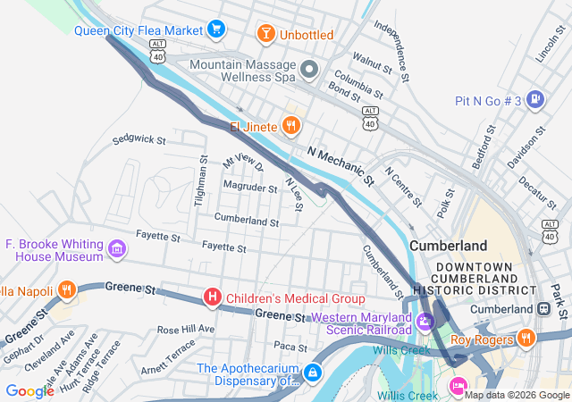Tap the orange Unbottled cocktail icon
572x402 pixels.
(x=265, y=35)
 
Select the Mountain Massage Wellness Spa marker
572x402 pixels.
(x=309, y=69)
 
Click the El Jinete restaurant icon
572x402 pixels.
(x=290, y=127)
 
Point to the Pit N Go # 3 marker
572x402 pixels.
(x=535, y=100)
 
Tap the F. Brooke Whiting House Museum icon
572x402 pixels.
(x=117, y=249)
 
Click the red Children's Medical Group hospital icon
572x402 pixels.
(x=213, y=297)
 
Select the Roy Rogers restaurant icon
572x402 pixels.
(x=526, y=339)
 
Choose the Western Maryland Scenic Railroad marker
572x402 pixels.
(x=425, y=319)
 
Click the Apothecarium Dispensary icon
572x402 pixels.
(x=313, y=372)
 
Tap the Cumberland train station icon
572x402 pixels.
(x=543, y=309)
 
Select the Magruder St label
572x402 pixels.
(x=250, y=188)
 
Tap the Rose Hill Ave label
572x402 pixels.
(x=186, y=329)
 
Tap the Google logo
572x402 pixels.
(x=29, y=390)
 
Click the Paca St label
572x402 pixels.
(x=290, y=346)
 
